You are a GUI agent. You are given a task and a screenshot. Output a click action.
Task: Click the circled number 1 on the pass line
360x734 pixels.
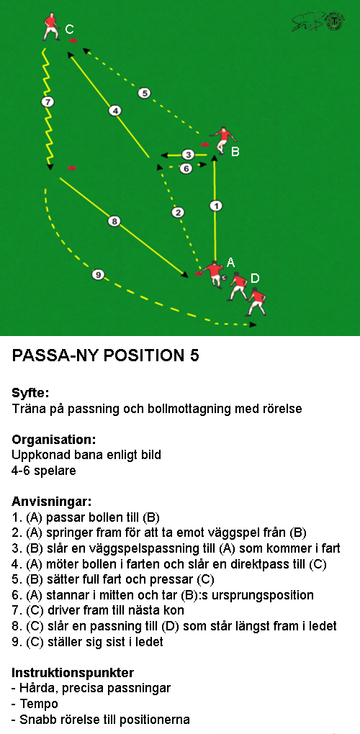click(x=215, y=206)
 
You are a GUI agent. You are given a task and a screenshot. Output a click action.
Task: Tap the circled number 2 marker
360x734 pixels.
click(x=177, y=212)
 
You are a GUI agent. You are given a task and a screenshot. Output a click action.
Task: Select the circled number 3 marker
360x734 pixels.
click(x=188, y=155)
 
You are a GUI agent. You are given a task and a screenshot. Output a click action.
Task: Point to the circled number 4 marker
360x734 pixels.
click(x=114, y=111)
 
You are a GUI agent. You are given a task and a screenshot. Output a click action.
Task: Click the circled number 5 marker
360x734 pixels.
click(x=145, y=93)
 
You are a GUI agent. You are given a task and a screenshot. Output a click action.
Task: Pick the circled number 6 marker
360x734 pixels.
click(x=186, y=168)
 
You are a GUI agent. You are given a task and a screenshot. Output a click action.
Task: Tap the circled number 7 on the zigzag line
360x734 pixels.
click(x=48, y=101)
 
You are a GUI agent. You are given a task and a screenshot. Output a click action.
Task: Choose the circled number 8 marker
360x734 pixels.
click(x=114, y=221)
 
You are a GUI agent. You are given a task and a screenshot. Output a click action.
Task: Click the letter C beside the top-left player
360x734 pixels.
click(x=69, y=30)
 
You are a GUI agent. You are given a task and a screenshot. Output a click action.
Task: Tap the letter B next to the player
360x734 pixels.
click(x=235, y=152)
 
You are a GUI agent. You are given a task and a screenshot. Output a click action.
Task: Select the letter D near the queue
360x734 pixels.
click(x=255, y=278)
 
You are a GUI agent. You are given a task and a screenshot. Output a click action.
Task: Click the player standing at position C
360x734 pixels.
click(x=51, y=27)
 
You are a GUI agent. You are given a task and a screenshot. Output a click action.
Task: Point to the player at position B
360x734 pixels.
click(x=223, y=140)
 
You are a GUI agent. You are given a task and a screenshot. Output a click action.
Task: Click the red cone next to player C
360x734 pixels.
click(x=73, y=41)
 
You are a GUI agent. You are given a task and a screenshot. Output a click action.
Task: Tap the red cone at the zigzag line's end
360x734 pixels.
click(x=71, y=168)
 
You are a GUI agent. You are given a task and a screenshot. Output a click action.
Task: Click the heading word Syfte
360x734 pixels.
click(x=30, y=393)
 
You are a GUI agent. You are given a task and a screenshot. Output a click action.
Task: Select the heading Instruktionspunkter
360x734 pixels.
click(x=73, y=673)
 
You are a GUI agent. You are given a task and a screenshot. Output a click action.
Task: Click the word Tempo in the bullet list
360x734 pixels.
click(x=40, y=704)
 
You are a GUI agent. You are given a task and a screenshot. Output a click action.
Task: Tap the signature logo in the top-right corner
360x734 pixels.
click(x=318, y=22)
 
